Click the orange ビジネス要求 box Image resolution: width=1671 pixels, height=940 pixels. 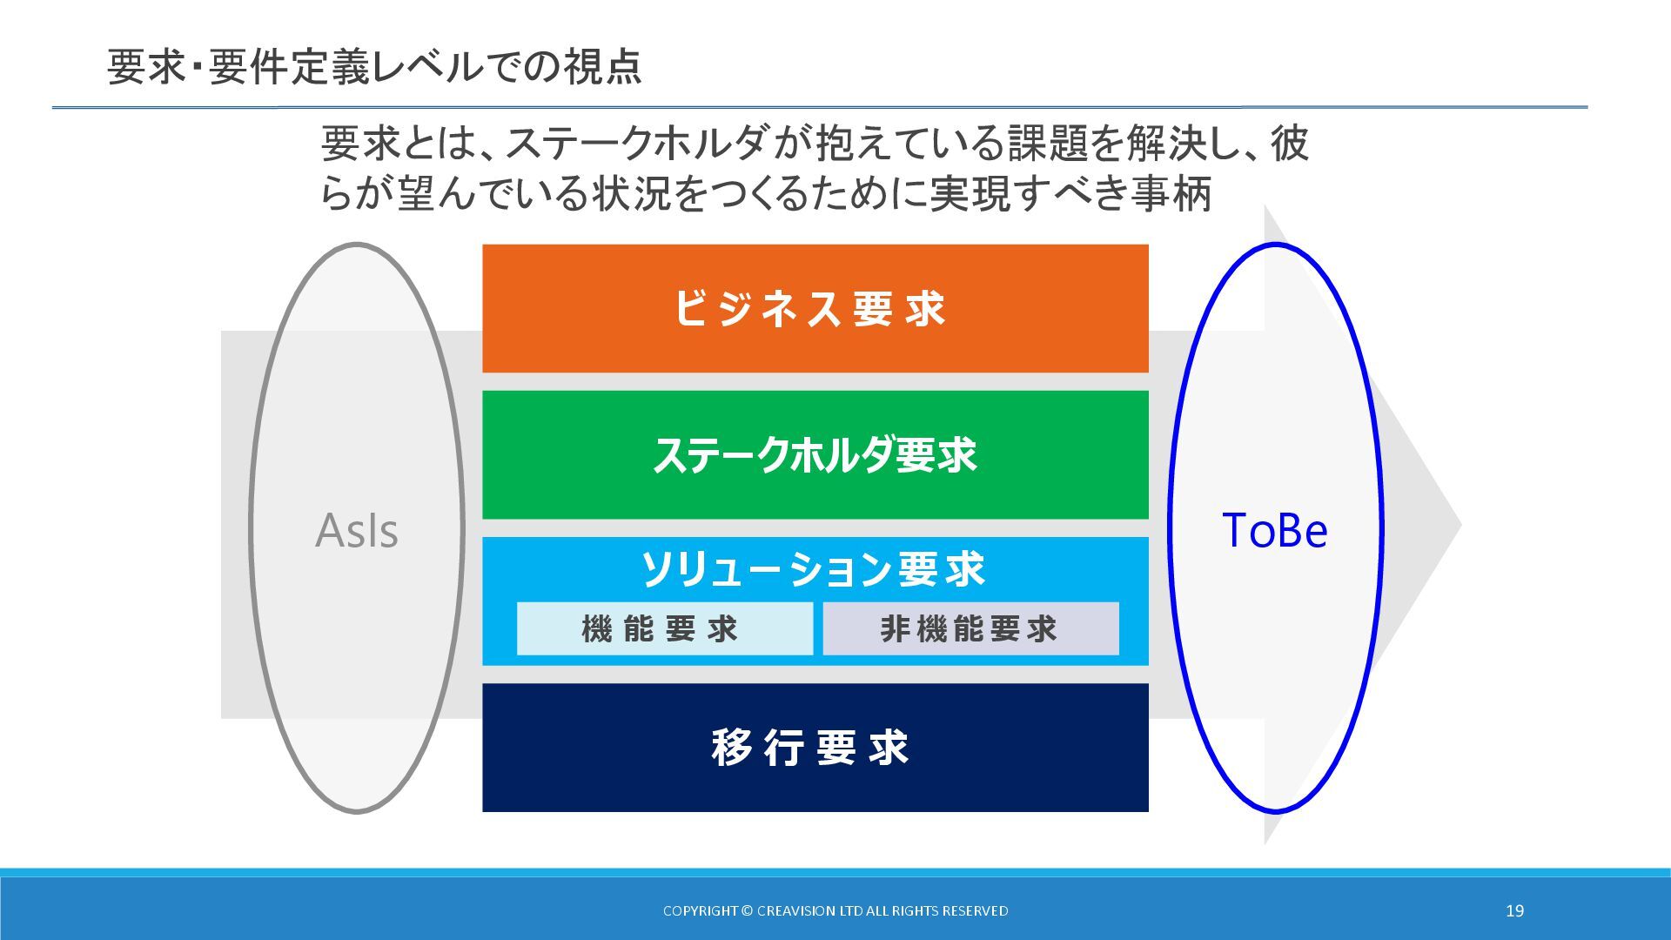[815, 308]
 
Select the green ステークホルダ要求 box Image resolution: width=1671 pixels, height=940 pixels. [815, 454]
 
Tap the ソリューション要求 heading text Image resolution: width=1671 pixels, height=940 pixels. [813, 569]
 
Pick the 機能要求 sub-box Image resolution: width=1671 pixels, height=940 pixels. [664, 628]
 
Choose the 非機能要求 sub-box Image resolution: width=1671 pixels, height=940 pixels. [970, 628]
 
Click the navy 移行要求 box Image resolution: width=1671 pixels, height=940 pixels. [815, 747]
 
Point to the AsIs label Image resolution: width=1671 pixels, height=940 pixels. [357, 530]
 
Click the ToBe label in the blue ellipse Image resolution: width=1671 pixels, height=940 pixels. [1275, 530]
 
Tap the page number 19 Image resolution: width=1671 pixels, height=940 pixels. [1514, 910]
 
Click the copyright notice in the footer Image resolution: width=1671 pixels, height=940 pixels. [835, 910]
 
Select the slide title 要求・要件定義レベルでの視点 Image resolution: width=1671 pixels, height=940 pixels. [374, 67]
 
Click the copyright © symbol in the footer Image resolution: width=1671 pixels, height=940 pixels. [747, 910]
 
